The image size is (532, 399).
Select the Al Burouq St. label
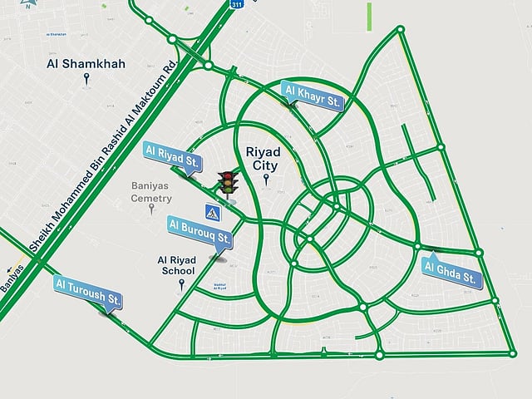tap(199, 230)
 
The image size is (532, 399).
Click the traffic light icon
tap(226, 182)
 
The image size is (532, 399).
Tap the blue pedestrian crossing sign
tap(214, 214)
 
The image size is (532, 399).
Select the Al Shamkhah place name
tap(87, 62)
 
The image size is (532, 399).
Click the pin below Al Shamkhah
tap(86, 80)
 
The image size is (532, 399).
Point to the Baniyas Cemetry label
tap(152, 193)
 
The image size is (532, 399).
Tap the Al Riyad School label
tap(177, 265)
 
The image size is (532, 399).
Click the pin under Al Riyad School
tap(181, 285)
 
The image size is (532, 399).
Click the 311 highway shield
tap(237, 3)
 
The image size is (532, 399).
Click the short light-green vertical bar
tap(369, 17)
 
